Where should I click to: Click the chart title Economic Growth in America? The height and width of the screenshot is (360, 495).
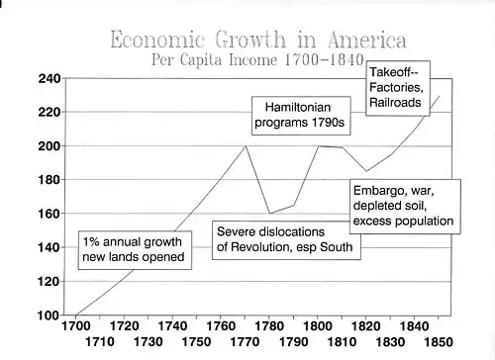point(258,40)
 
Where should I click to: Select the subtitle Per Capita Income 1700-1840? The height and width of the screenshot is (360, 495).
point(257,59)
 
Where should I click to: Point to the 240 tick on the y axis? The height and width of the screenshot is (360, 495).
point(49,79)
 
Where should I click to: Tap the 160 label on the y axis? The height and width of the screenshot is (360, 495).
point(49,214)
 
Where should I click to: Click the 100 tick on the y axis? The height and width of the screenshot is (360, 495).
point(49,315)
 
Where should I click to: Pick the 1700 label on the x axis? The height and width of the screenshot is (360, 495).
point(76,326)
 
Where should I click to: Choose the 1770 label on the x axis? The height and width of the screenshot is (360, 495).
point(245,342)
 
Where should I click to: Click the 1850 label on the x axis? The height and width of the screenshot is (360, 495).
point(439,342)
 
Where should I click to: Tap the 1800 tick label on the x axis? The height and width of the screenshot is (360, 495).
point(317,326)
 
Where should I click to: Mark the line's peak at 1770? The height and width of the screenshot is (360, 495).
point(246,145)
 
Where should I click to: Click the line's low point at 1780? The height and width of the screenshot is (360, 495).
point(270,214)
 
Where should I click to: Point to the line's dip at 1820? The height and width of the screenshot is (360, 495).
point(366,171)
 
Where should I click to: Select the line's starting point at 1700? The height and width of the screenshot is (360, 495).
point(76,315)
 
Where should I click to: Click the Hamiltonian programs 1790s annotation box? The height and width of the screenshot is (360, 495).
point(301,116)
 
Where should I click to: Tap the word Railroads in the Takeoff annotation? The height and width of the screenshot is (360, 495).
point(395,103)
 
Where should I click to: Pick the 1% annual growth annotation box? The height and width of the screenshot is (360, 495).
point(135,250)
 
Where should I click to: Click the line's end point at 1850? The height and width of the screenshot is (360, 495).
point(440,96)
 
